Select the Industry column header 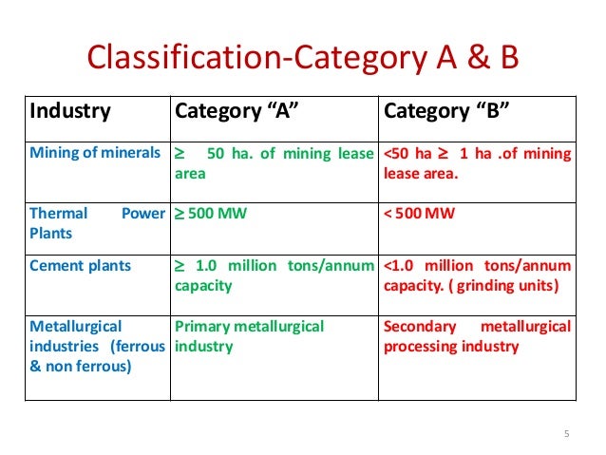[x=70, y=111]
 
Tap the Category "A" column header [x=237, y=111]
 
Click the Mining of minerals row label [x=94, y=154]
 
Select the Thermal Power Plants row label [x=97, y=222]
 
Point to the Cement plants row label [x=81, y=265]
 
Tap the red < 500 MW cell [x=419, y=213]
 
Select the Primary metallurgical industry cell [x=249, y=336]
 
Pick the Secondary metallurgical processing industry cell [x=477, y=336]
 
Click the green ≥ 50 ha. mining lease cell [x=273, y=163]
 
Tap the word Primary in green [x=201, y=327]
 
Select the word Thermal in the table [x=57, y=213]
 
